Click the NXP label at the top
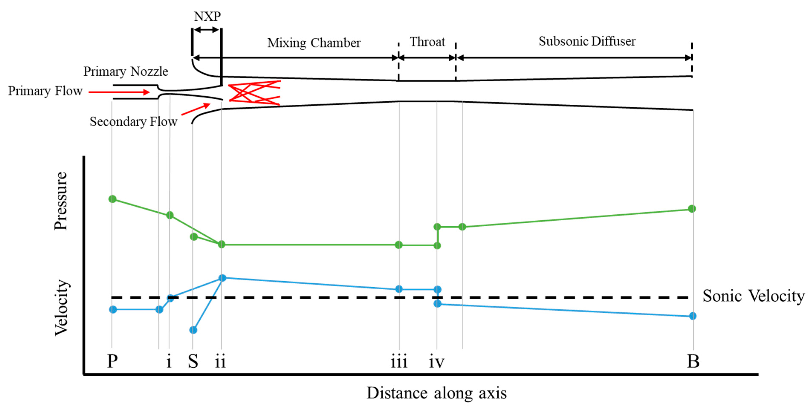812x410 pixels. point(207,16)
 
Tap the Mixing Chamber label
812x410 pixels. point(314,43)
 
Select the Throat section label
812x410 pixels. point(427,42)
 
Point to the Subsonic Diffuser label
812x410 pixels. point(587,41)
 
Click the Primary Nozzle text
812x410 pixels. point(126,72)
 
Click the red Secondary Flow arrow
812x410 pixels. point(195,109)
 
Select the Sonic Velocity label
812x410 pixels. point(753,296)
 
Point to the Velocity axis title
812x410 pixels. point(61,308)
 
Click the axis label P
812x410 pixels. point(112,361)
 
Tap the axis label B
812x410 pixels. point(693,361)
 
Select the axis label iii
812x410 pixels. point(399,361)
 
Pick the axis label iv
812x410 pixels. point(436,361)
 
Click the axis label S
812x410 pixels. point(193,361)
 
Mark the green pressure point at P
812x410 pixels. point(113,199)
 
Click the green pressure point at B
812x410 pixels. point(692,209)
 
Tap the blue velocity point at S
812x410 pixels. point(193,330)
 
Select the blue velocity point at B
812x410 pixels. point(692,316)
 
